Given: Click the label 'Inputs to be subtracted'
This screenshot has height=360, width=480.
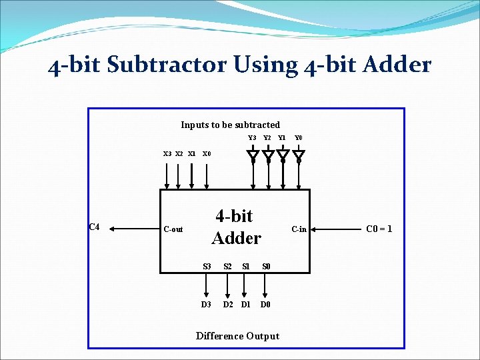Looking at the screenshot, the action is pyautogui.click(x=230, y=125).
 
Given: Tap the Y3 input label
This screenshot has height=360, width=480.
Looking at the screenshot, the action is pyautogui.click(x=252, y=138).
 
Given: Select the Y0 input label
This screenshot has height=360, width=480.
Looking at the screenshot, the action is pyautogui.click(x=299, y=138).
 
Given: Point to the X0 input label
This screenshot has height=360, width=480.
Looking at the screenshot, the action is pyautogui.click(x=207, y=154).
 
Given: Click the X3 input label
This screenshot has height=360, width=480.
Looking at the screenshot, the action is pyautogui.click(x=168, y=154).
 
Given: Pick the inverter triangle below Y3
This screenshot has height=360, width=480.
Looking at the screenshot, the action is pyautogui.click(x=253, y=157).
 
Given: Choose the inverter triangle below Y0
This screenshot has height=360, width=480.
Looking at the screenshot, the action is pyautogui.click(x=299, y=157).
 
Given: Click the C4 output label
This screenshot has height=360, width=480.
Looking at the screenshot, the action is pyautogui.click(x=94, y=227).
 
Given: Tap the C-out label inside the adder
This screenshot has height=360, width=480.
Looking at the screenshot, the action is pyautogui.click(x=173, y=229).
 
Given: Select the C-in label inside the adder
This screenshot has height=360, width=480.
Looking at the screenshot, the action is pyautogui.click(x=299, y=229).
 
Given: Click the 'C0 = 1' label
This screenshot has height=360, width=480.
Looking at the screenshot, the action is pyautogui.click(x=379, y=229).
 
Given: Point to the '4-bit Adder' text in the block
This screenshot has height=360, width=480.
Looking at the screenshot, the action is pyautogui.click(x=235, y=227).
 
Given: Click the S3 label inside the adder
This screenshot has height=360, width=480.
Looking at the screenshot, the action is pyautogui.click(x=207, y=267).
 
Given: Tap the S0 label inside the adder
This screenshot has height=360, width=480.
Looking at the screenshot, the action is pyautogui.click(x=266, y=267).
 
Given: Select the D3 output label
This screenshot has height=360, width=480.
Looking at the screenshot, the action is pyautogui.click(x=206, y=305).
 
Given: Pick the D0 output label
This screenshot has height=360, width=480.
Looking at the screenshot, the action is pyautogui.click(x=265, y=305).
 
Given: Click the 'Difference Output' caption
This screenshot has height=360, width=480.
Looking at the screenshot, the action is pyautogui.click(x=237, y=336).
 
